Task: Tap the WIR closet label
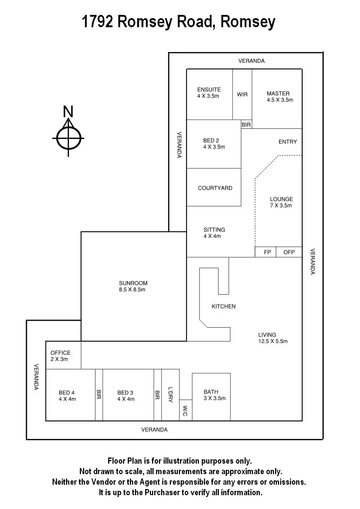(242, 94)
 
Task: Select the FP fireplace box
(267, 252)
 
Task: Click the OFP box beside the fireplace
(289, 252)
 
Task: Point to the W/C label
(185, 410)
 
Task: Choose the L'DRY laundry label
(170, 394)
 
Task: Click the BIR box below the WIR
(246, 124)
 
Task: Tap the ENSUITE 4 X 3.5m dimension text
(208, 96)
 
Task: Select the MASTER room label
(278, 93)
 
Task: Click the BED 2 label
(211, 140)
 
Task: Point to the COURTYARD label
(215, 188)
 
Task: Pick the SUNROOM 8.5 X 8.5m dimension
(132, 290)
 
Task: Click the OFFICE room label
(61, 353)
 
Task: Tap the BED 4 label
(67, 393)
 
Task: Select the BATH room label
(211, 392)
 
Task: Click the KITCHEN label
(224, 306)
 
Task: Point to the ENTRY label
(287, 141)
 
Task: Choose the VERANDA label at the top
(251, 61)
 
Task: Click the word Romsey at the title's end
(248, 22)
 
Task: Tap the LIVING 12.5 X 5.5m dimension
(273, 341)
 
